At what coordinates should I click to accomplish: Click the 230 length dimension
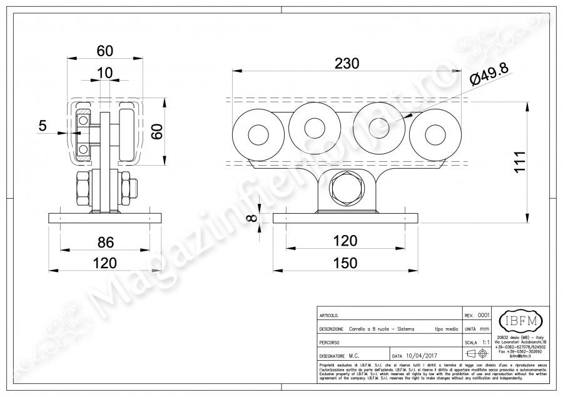347,63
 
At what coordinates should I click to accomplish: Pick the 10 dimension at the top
105,73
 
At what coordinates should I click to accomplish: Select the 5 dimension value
43,126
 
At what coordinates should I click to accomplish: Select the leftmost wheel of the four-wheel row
256,136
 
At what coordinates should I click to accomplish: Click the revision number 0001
483,315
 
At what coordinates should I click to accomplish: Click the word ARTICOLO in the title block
330,316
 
